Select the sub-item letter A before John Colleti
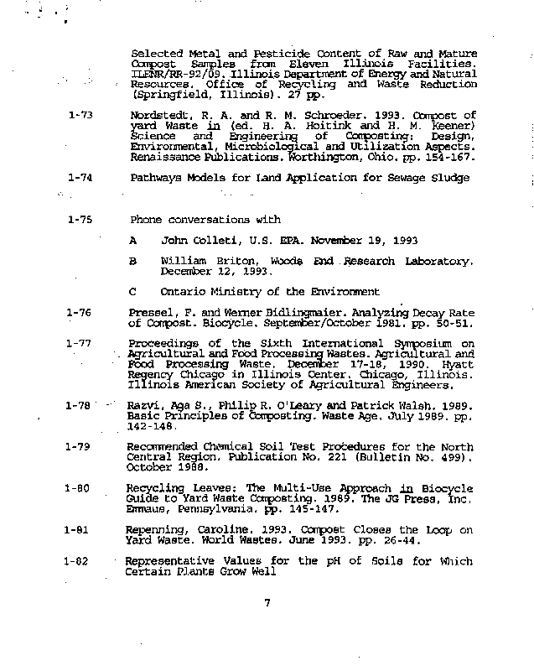[132, 240]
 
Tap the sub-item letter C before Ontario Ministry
[132, 292]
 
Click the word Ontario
[184, 292]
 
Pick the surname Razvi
[143, 405]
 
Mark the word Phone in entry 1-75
[147, 220]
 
